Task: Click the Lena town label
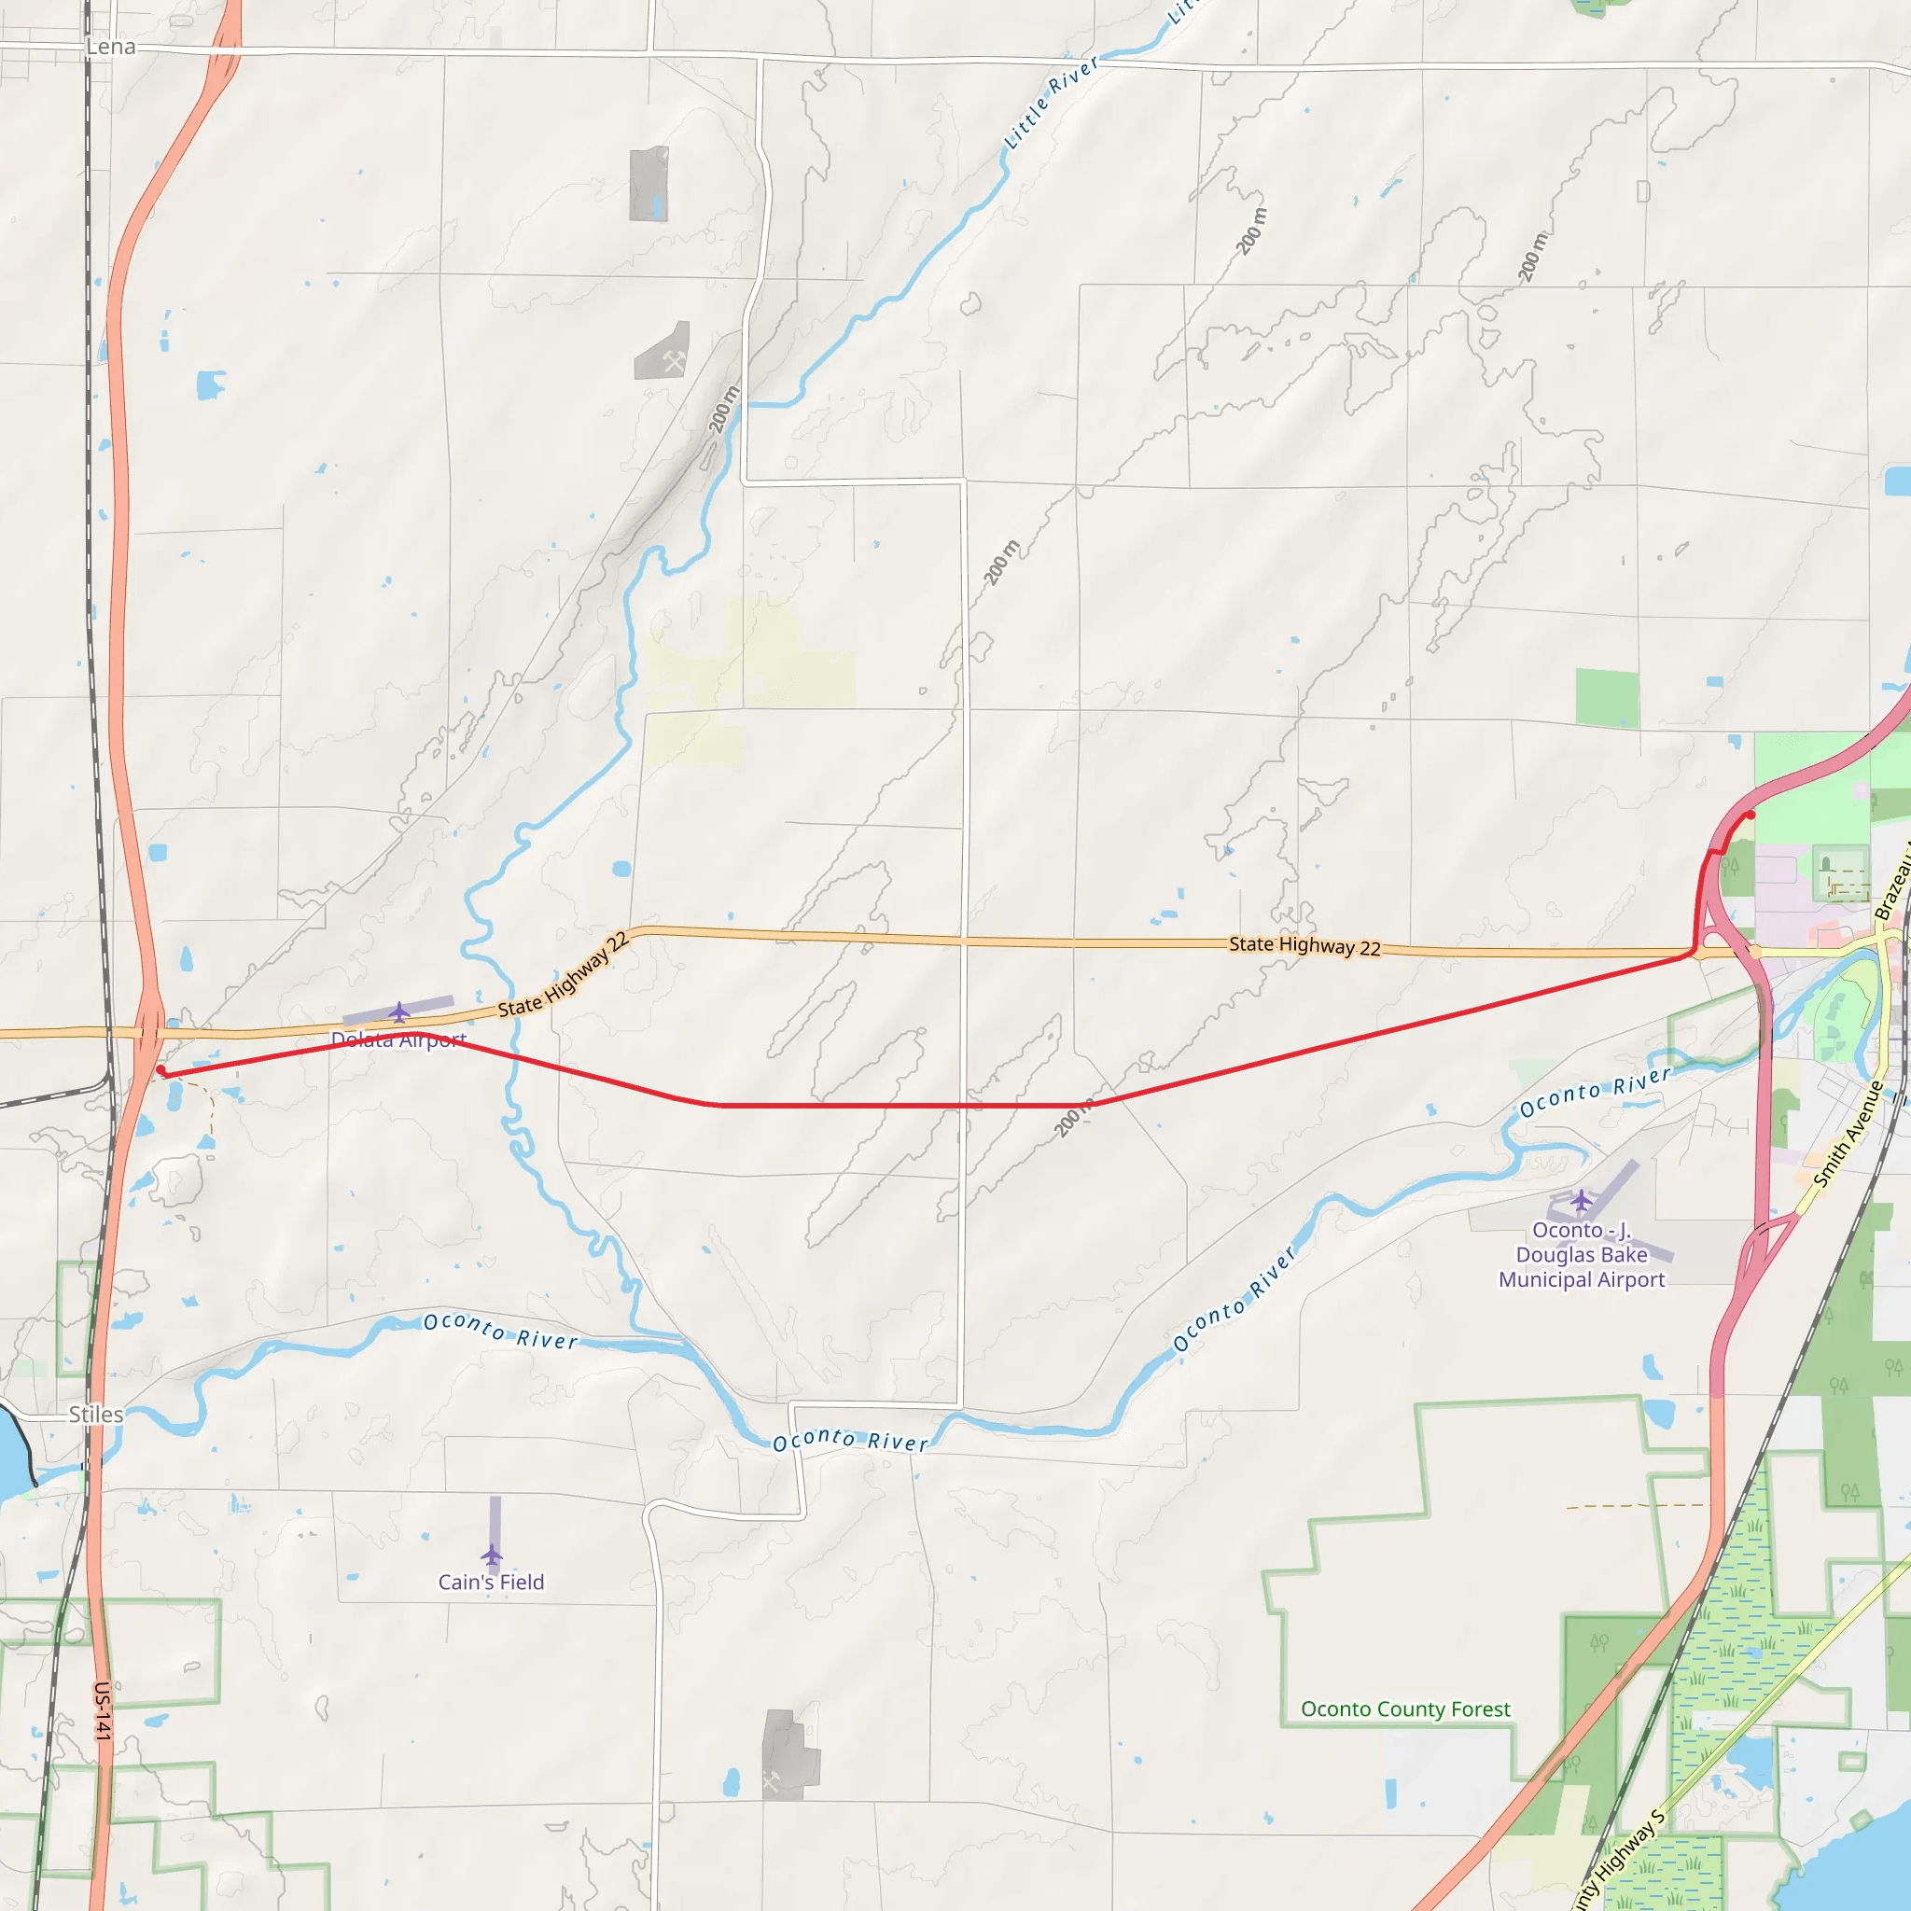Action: (x=110, y=48)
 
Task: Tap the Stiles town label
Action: (x=96, y=1415)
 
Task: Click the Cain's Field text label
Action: (x=491, y=1582)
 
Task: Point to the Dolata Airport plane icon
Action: (x=398, y=1011)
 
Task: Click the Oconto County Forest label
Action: (x=1404, y=1709)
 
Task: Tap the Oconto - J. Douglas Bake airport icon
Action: (x=1581, y=1201)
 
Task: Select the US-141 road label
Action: (x=103, y=1710)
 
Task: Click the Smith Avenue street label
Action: (x=1848, y=1134)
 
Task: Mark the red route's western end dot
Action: (x=161, y=1070)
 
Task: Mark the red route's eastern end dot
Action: (x=1750, y=815)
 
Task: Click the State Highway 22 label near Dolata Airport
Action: (x=563, y=975)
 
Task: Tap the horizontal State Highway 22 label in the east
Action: (x=1304, y=945)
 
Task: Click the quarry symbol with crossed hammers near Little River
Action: (x=675, y=361)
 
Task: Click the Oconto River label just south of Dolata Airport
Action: (x=500, y=1331)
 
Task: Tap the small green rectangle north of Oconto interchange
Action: (x=1607, y=698)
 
